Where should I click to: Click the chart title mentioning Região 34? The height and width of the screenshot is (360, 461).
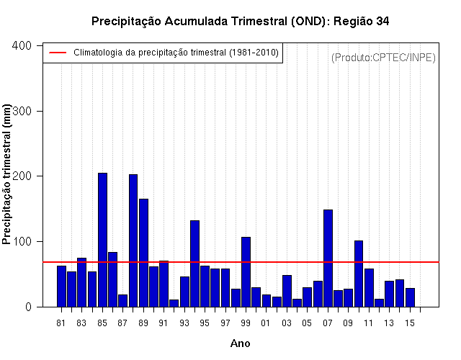(x=240, y=22)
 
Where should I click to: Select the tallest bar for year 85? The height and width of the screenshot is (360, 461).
(x=102, y=240)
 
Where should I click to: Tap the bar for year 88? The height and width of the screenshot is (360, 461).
(x=133, y=240)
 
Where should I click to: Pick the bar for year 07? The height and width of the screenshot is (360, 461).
(x=328, y=258)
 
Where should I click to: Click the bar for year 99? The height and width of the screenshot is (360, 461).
(x=246, y=272)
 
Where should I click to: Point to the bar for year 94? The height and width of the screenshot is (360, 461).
(x=194, y=264)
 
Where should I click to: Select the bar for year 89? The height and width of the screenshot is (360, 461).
(x=143, y=253)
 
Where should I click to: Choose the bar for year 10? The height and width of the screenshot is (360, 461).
(x=359, y=274)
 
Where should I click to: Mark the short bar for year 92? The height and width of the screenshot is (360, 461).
(x=174, y=303)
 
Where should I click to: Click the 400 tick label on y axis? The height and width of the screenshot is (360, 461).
(x=22, y=45)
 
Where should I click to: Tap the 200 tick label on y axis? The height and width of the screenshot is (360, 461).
(x=22, y=176)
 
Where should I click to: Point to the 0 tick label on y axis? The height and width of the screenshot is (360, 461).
(x=28, y=307)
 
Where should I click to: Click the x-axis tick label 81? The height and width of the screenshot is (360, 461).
(x=61, y=323)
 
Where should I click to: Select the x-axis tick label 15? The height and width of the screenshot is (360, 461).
(x=410, y=323)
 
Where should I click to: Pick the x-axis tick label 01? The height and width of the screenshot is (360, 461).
(x=265, y=323)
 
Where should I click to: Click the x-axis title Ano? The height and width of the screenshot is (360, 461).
(x=240, y=343)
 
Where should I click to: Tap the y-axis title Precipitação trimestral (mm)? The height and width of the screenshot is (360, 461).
(x=6, y=174)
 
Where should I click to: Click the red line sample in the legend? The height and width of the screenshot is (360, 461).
(x=58, y=53)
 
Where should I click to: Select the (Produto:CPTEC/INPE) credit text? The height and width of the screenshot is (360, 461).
(x=383, y=58)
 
